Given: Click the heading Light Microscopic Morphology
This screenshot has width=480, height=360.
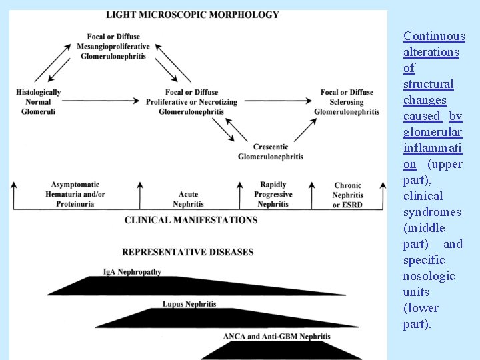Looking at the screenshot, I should click(193, 15).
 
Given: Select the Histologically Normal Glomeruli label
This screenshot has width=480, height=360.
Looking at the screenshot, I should click(38, 102).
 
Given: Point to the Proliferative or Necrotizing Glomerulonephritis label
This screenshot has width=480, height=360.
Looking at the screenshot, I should click(191, 102).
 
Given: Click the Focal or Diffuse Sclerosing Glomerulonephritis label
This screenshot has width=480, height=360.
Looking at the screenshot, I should click(347, 102).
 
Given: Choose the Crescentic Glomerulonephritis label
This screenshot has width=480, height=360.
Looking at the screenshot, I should click(271, 151).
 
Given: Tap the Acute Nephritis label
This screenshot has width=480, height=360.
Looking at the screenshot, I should click(188, 199).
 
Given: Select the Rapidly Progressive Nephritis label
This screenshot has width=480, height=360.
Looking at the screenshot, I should click(273, 194).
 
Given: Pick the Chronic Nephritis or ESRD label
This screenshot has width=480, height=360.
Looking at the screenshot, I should click(347, 195).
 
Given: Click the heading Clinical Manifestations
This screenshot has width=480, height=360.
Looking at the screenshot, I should click(191, 219).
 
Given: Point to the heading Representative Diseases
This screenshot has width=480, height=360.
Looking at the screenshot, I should click(188, 252).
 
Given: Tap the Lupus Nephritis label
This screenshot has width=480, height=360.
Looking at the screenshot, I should click(189, 304).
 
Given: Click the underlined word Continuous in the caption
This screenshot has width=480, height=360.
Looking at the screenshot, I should click(434, 36).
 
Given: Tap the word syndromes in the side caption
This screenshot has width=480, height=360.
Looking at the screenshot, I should click(432, 212).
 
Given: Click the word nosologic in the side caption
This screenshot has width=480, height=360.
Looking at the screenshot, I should click(429, 276).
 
